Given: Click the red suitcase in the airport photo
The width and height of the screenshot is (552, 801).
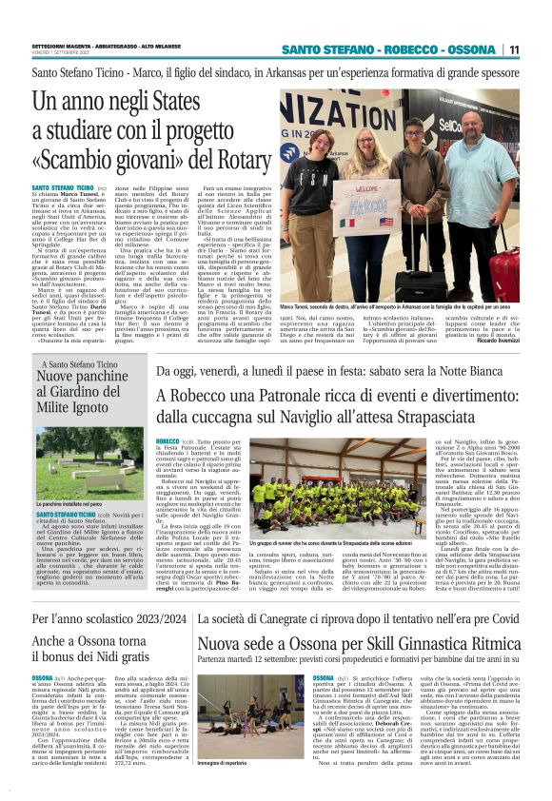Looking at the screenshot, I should click(503, 271).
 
